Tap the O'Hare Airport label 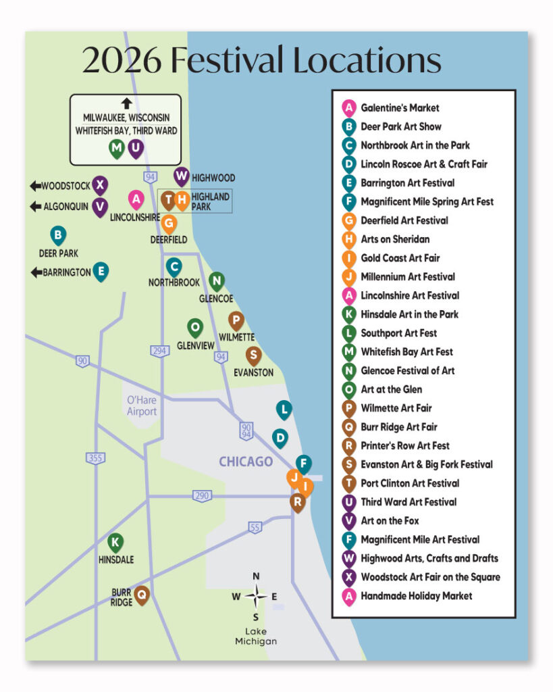click(x=142, y=405)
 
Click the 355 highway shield click(x=95, y=458)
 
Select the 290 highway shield click(x=202, y=495)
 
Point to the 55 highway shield click(x=255, y=527)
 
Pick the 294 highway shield click(x=159, y=351)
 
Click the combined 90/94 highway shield click(x=246, y=430)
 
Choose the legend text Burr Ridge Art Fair click(x=399, y=427)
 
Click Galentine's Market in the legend click(x=400, y=107)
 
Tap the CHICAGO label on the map click(x=246, y=462)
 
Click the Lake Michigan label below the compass click(x=256, y=637)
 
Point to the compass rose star click(x=256, y=596)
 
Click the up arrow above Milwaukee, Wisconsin click(x=126, y=103)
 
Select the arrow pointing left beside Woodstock click(x=35, y=186)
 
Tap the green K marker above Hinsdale click(x=115, y=543)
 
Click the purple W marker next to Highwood click(x=181, y=177)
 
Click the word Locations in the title click(x=367, y=59)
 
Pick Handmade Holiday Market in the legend click(x=417, y=596)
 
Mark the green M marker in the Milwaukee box click(x=117, y=149)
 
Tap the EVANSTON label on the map click(x=254, y=372)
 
